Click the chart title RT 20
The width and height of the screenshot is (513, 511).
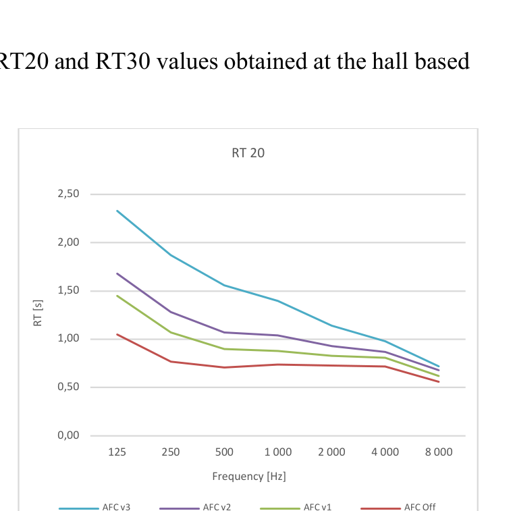pyautogui.click(x=248, y=153)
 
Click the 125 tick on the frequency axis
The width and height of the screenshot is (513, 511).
pyautogui.click(x=117, y=452)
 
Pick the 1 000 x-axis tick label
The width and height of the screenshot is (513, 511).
pyautogui.click(x=277, y=452)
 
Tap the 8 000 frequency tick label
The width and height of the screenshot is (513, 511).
pyautogui.click(x=439, y=452)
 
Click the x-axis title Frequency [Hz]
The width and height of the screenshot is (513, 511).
pyautogui.click(x=249, y=477)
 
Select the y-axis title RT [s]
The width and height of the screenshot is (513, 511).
pyautogui.click(x=38, y=315)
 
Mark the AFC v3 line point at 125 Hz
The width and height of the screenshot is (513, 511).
pyautogui.click(x=117, y=211)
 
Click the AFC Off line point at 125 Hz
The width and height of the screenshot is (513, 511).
pyautogui.click(x=117, y=334)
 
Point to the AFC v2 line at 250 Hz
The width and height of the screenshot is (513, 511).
pyautogui.click(x=171, y=312)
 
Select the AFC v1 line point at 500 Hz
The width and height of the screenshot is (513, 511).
pyautogui.click(x=224, y=349)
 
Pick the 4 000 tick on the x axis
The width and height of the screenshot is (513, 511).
pyautogui.click(x=385, y=452)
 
